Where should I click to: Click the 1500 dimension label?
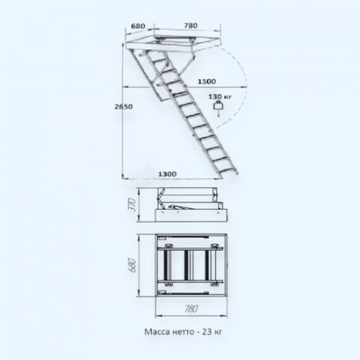coord(206,82)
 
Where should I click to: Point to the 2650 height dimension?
coord(123,106)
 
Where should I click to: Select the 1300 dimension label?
coord(167,174)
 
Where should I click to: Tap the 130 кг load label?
coord(220,96)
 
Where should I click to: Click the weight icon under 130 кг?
coord(218,106)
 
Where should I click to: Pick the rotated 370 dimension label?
coord(134,205)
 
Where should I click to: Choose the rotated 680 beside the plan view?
coord(133,265)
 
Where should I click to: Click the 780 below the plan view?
coord(191,309)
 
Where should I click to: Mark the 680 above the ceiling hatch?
coord(138,26)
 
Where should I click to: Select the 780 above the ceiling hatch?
coord(190,26)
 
